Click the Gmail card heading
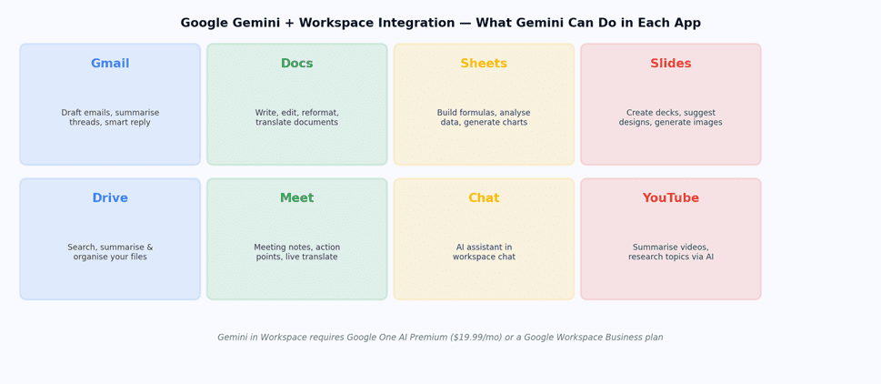[110, 64]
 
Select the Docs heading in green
[296, 64]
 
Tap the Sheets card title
[484, 64]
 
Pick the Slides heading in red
[670, 64]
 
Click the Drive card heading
[110, 198]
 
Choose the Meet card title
[296, 198]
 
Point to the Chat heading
[484, 198]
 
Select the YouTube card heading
[670, 198]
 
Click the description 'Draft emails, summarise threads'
[110, 117]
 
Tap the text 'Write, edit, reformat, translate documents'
[296, 117]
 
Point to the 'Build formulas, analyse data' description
[484, 117]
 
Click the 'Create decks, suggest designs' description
[670, 117]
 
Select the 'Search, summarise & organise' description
[110, 252]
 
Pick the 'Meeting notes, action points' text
[296, 252]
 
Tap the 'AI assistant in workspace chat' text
[484, 252]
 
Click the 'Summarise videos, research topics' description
[670, 252]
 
